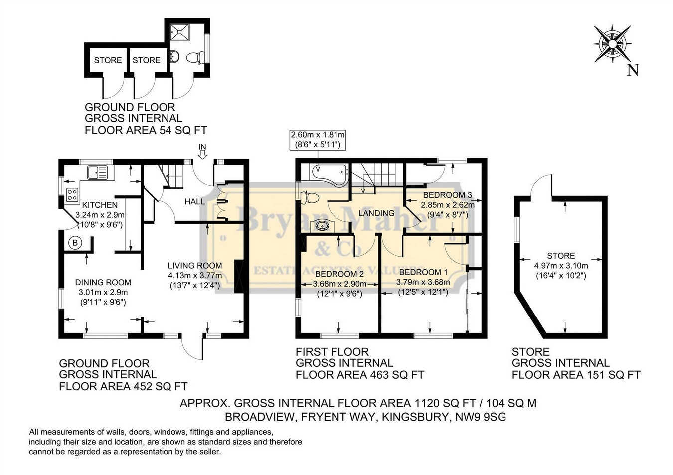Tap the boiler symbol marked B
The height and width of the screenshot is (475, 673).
pyautogui.click(x=75, y=242)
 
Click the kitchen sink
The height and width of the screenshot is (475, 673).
pyautogui.click(x=97, y=173)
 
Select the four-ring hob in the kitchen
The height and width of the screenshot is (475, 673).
pyautogui.click(x=72, y=194)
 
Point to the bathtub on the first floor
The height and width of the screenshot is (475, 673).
pyautogui.click(x=330, y=175)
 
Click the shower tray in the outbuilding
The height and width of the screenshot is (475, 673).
pyautogui.click(x=180, y=32)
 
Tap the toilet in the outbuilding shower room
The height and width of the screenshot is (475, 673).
pyautogui.click(x=195, y=58)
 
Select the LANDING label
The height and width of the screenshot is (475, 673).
pyautogui.click(x=376, y=213)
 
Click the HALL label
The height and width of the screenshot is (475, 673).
pyautogui.click(x=195, y=201)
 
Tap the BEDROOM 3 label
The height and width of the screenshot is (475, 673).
pyautogui.click(x=447, y=195)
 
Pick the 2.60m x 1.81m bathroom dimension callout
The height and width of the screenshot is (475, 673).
pyautogui.click(x=318, y=140)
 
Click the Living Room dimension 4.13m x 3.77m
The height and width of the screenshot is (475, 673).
pyautogui.click(x=195, y=275)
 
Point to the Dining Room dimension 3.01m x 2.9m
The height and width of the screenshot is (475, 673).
pyautogui.click(x=103, y=292)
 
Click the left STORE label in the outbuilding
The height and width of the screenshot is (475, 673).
pyautogui.click(x=108, y=60)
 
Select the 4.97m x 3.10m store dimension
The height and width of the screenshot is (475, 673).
pyautogui.click(x=561, y=266)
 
